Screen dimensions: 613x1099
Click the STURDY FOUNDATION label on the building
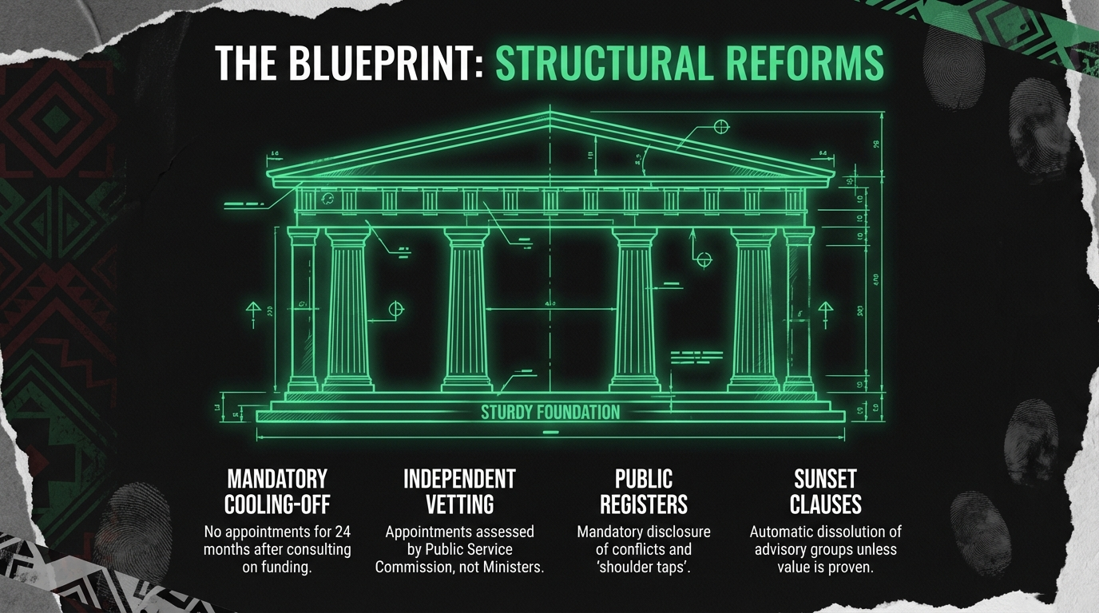(x=549, y=413)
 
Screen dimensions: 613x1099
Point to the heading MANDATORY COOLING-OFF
(x=277, y=491)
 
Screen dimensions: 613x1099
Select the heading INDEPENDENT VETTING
(x=459, y=491)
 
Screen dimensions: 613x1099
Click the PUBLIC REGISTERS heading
(x=644, y=491)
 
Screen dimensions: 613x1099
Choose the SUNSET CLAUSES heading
(x=825, y=491)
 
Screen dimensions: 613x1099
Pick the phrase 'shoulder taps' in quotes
(x=643, y=568)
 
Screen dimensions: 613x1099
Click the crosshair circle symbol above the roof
(x=721, y=126)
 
